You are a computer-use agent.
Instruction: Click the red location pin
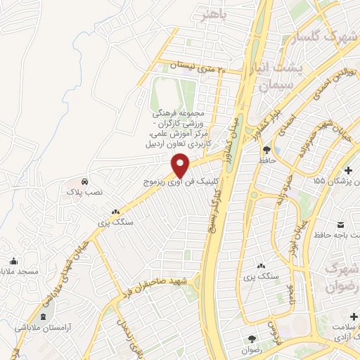click(x=181, y=165)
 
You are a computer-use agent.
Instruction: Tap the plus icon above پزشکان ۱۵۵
click(x=349, y=169)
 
